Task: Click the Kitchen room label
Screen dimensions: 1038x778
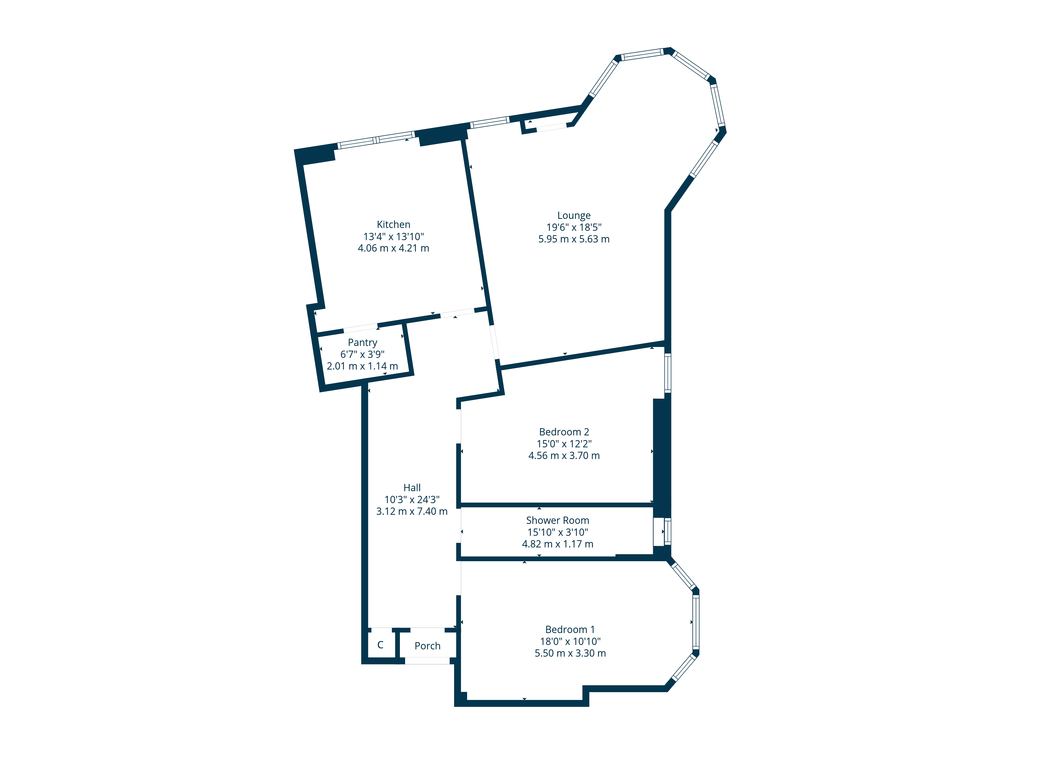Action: click(x=393, y=225)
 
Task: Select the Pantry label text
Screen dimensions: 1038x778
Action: click(x=362, y=343)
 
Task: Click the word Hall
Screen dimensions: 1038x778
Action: click(x=412, y=488)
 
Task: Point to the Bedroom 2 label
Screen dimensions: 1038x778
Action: click(x=564, y=432)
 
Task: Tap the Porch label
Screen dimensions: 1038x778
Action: click(x=427, y=646)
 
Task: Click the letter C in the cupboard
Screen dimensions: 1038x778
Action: click(x=380, y=645)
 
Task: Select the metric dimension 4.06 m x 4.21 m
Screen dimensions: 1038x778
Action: click(x=393, y=248)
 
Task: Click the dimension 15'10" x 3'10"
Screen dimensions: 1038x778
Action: click(x=557, y=532)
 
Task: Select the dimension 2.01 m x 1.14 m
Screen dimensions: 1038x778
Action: click(x=362, y=366)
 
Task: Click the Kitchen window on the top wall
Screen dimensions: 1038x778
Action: click(x=376, y=140)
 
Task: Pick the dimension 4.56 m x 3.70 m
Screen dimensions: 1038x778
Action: click(x=564, y=455)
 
